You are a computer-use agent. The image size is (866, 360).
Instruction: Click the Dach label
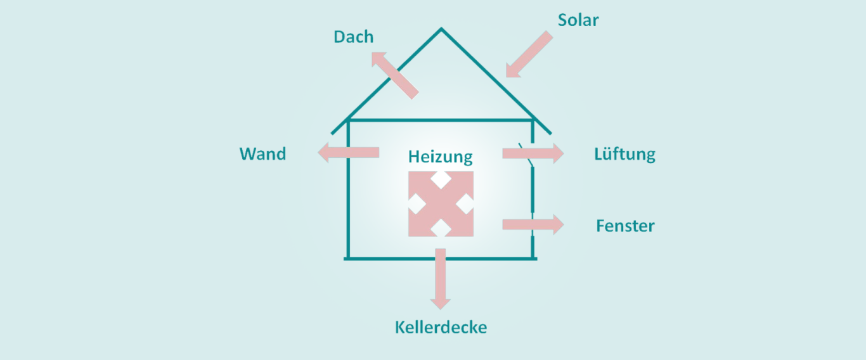click(x=353, y=37)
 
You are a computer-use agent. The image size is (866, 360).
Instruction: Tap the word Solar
click(x=578, y=20)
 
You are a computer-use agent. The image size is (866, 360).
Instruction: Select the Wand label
click(x=262, y=154)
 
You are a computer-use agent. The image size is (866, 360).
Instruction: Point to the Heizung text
click(x=440, y=157)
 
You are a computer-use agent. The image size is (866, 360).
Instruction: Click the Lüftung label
click(x=624, y=154)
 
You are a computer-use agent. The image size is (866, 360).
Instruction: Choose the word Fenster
click(x=625, y=226)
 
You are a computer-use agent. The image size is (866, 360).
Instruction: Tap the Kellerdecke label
click(x=441, y=328)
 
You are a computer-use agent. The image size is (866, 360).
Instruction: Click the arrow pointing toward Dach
click(x=394, y=75)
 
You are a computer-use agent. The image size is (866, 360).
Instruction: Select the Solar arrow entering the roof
click(x=529, y=55)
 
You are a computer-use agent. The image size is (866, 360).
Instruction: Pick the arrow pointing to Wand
click(x=349, y=153)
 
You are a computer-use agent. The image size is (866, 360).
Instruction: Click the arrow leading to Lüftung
click(x=533, y=153)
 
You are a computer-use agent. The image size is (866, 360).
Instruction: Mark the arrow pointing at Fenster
click(x=533, y=224)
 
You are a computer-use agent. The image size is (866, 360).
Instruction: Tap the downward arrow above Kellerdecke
click(x=440, y=279)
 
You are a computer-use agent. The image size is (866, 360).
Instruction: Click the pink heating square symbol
click(x=441, y=204)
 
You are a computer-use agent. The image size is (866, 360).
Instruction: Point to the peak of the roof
click(x=441, y=29)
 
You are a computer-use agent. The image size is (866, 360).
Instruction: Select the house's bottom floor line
click(x=441, y=258)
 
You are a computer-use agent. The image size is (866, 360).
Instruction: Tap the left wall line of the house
click(x=348, y=190)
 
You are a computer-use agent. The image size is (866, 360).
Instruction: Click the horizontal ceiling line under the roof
click(x=441, y=120)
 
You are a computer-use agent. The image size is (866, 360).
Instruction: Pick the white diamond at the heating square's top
click(x=441, y=179)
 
